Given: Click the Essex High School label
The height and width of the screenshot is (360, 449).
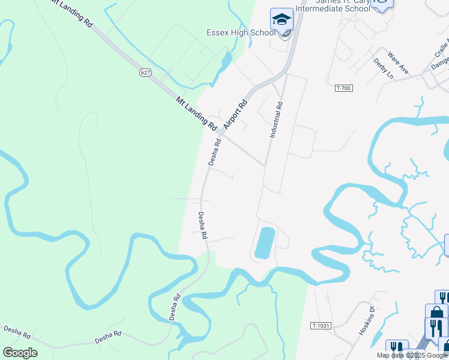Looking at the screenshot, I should coord(240,32).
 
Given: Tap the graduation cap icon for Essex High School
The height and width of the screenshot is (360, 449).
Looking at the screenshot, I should coord(282,20).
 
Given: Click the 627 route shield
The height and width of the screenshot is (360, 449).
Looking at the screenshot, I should coord(146,72).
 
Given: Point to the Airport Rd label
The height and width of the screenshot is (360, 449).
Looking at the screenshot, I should coord(235,115).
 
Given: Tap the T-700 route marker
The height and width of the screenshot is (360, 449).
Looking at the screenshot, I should coord(343,88).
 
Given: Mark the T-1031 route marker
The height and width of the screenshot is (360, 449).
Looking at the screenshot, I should coord(321,325).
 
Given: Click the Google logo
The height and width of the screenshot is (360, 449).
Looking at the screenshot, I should coord(20,353).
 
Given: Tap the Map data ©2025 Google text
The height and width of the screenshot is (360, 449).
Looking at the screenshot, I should coord(412,355).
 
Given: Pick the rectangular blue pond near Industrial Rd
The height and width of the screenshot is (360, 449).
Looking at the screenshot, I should coord(265,243).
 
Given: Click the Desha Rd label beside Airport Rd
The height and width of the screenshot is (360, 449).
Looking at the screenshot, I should coord(214,152).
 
